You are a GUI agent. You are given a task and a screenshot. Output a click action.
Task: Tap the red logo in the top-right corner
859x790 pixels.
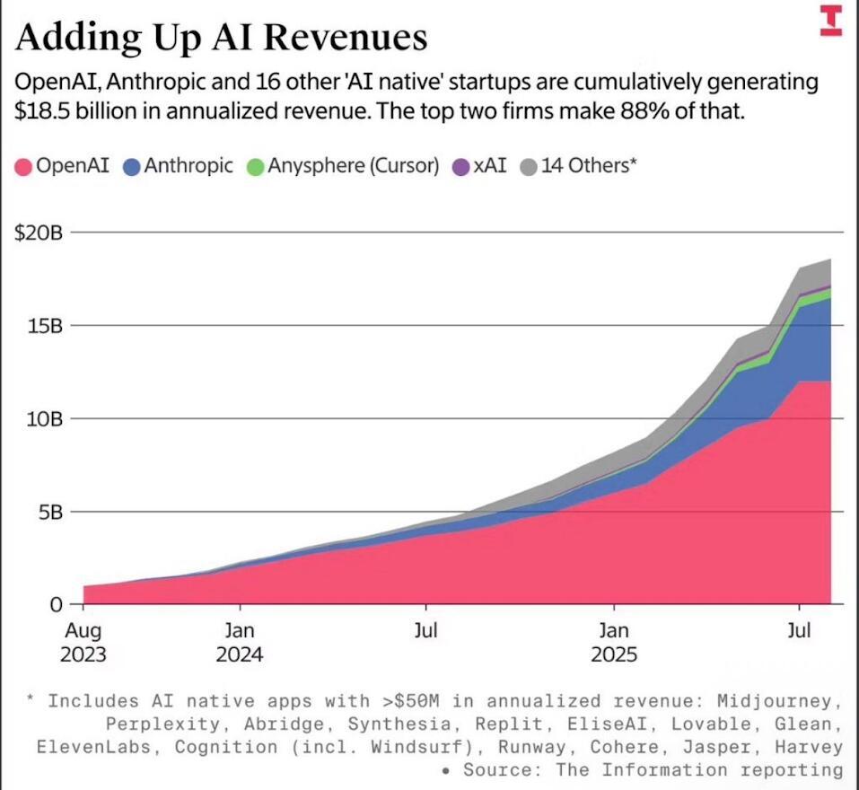(x=831, y=21)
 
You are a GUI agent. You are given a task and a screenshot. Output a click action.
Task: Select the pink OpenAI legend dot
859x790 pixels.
(x=23, y=167)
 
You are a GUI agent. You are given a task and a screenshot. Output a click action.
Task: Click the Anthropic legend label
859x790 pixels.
(x=188, y=166)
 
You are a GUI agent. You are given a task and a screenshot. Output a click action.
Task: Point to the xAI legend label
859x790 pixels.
(x=490, y=166)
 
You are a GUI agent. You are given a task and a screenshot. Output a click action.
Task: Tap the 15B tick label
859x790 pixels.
(x=43, y=325)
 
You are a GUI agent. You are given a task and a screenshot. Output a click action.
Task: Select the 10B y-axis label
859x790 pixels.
(x=43, y=418)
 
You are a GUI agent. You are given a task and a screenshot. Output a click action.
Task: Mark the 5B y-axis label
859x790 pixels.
(x=48, y=512)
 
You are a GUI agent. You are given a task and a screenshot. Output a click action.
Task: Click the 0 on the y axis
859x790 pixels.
(x=55, y=604)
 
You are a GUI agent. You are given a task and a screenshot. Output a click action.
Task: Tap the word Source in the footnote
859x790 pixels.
(x=507, y=770)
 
